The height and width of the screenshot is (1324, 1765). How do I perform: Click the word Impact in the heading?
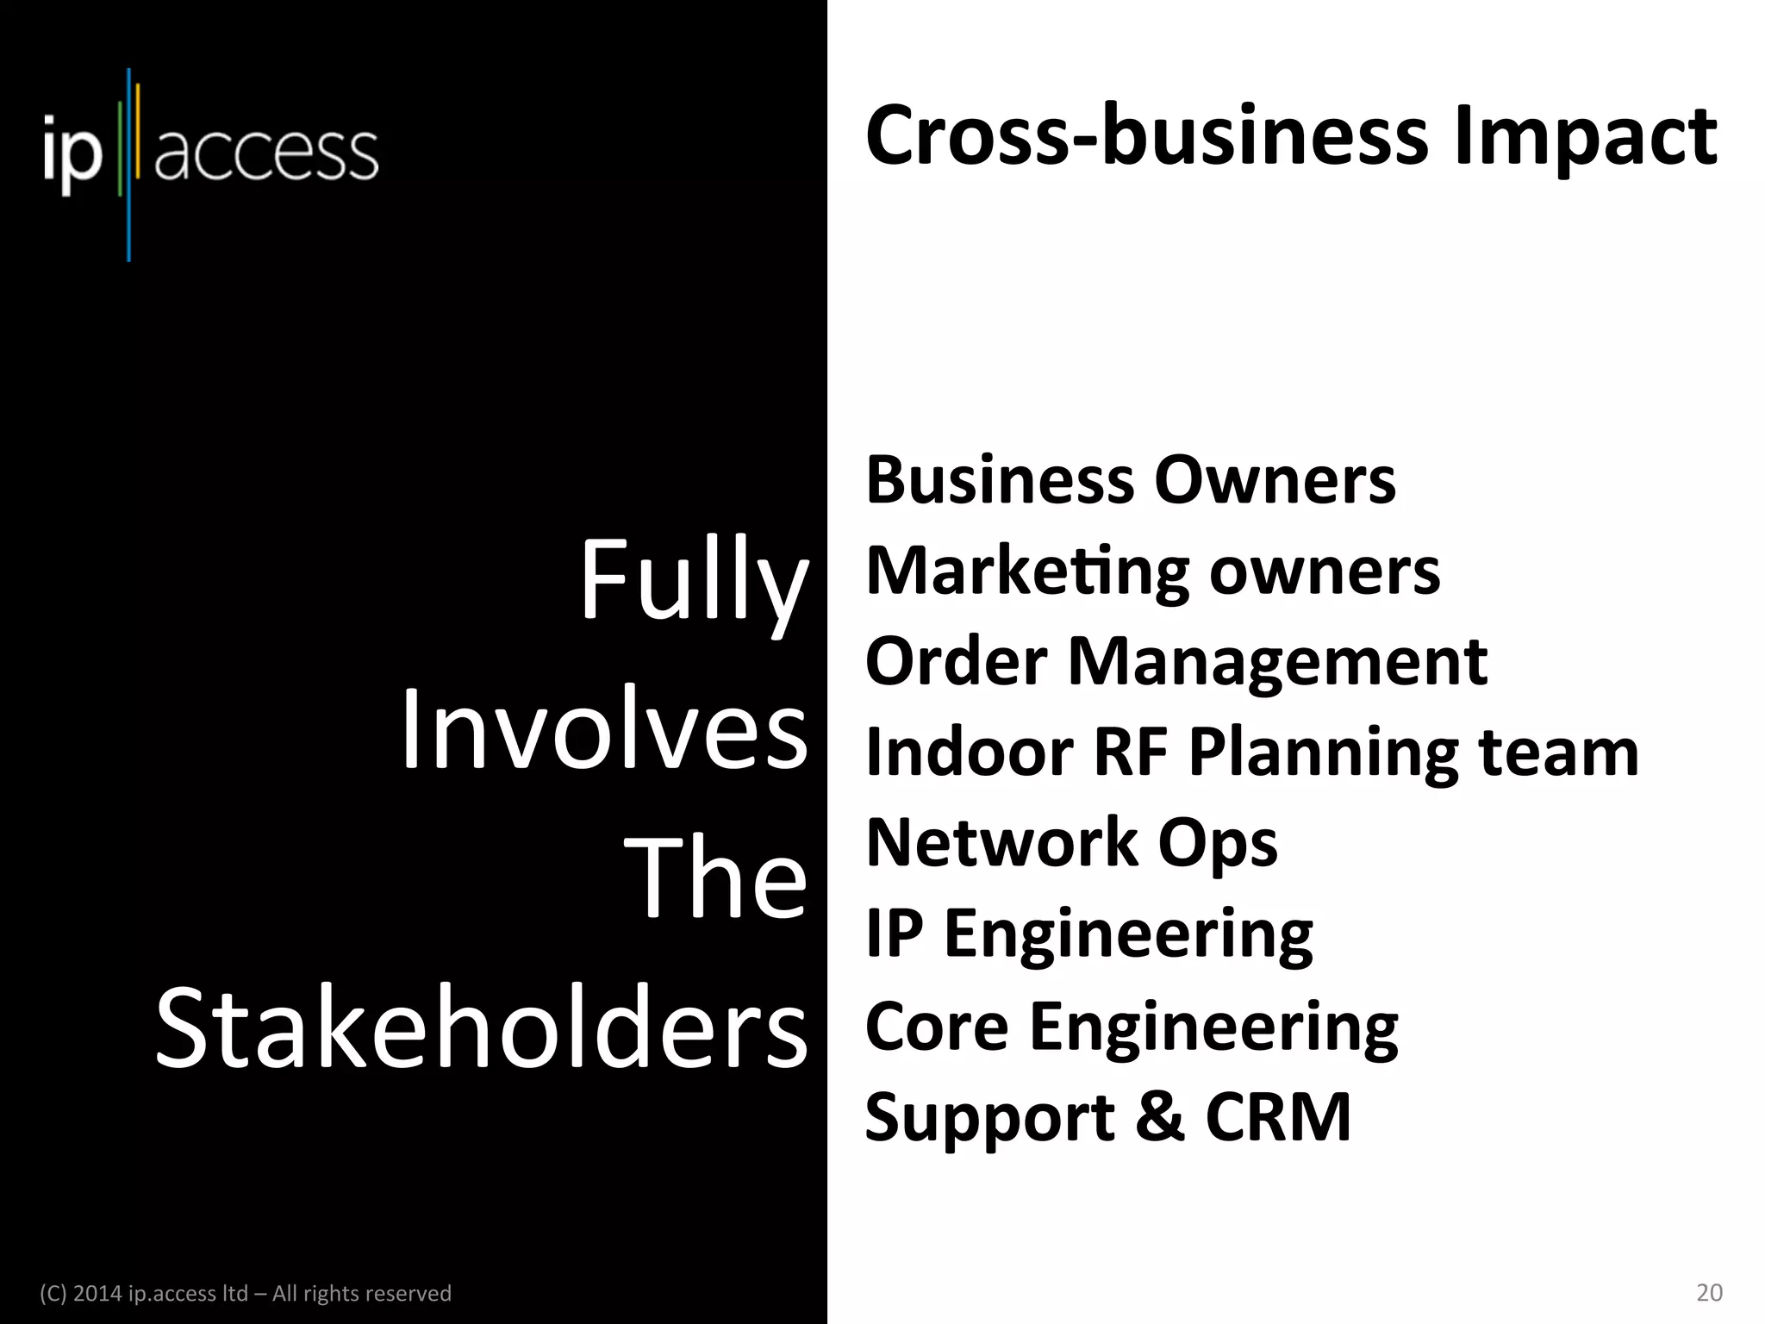[x=1585, y=138]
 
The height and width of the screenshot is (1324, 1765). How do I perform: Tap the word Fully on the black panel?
[x=694, y=579]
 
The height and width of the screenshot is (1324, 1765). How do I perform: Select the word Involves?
[x=604, y=729]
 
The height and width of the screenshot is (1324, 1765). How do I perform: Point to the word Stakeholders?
[x=482, y=1029]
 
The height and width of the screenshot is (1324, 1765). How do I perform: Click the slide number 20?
[x=1709, y=1293]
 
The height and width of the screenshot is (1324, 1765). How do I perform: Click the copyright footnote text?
[x=246, y=1294]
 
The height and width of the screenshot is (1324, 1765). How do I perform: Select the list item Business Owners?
[x=1130, y=480]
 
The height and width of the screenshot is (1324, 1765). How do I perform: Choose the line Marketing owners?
[x=1152, y=571]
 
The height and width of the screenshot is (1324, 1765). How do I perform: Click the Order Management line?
[x=1176, y=662]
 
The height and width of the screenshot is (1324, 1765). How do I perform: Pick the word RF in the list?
[x=1130, y=752]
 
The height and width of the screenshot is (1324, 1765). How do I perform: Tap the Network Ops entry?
[x=1071, y=843]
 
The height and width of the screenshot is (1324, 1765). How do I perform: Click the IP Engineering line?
[x=1088, y=934]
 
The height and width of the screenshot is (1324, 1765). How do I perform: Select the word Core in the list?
[x=936, y=1026]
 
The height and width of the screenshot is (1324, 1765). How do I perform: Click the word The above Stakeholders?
[x=715, y=878]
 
